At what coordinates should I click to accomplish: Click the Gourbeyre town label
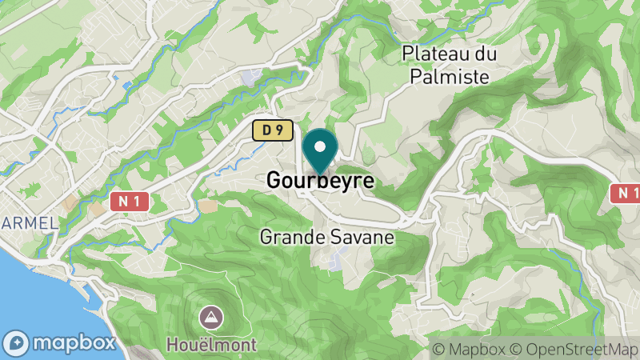320,181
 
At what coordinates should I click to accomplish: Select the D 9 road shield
271,130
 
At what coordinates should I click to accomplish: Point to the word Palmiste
450,76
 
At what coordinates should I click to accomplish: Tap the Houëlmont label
212,345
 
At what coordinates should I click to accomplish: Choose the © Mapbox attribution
469,349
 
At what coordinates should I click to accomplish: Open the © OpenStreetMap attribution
574,349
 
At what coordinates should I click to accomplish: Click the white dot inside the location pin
320,146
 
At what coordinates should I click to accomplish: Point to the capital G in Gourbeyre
274,181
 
